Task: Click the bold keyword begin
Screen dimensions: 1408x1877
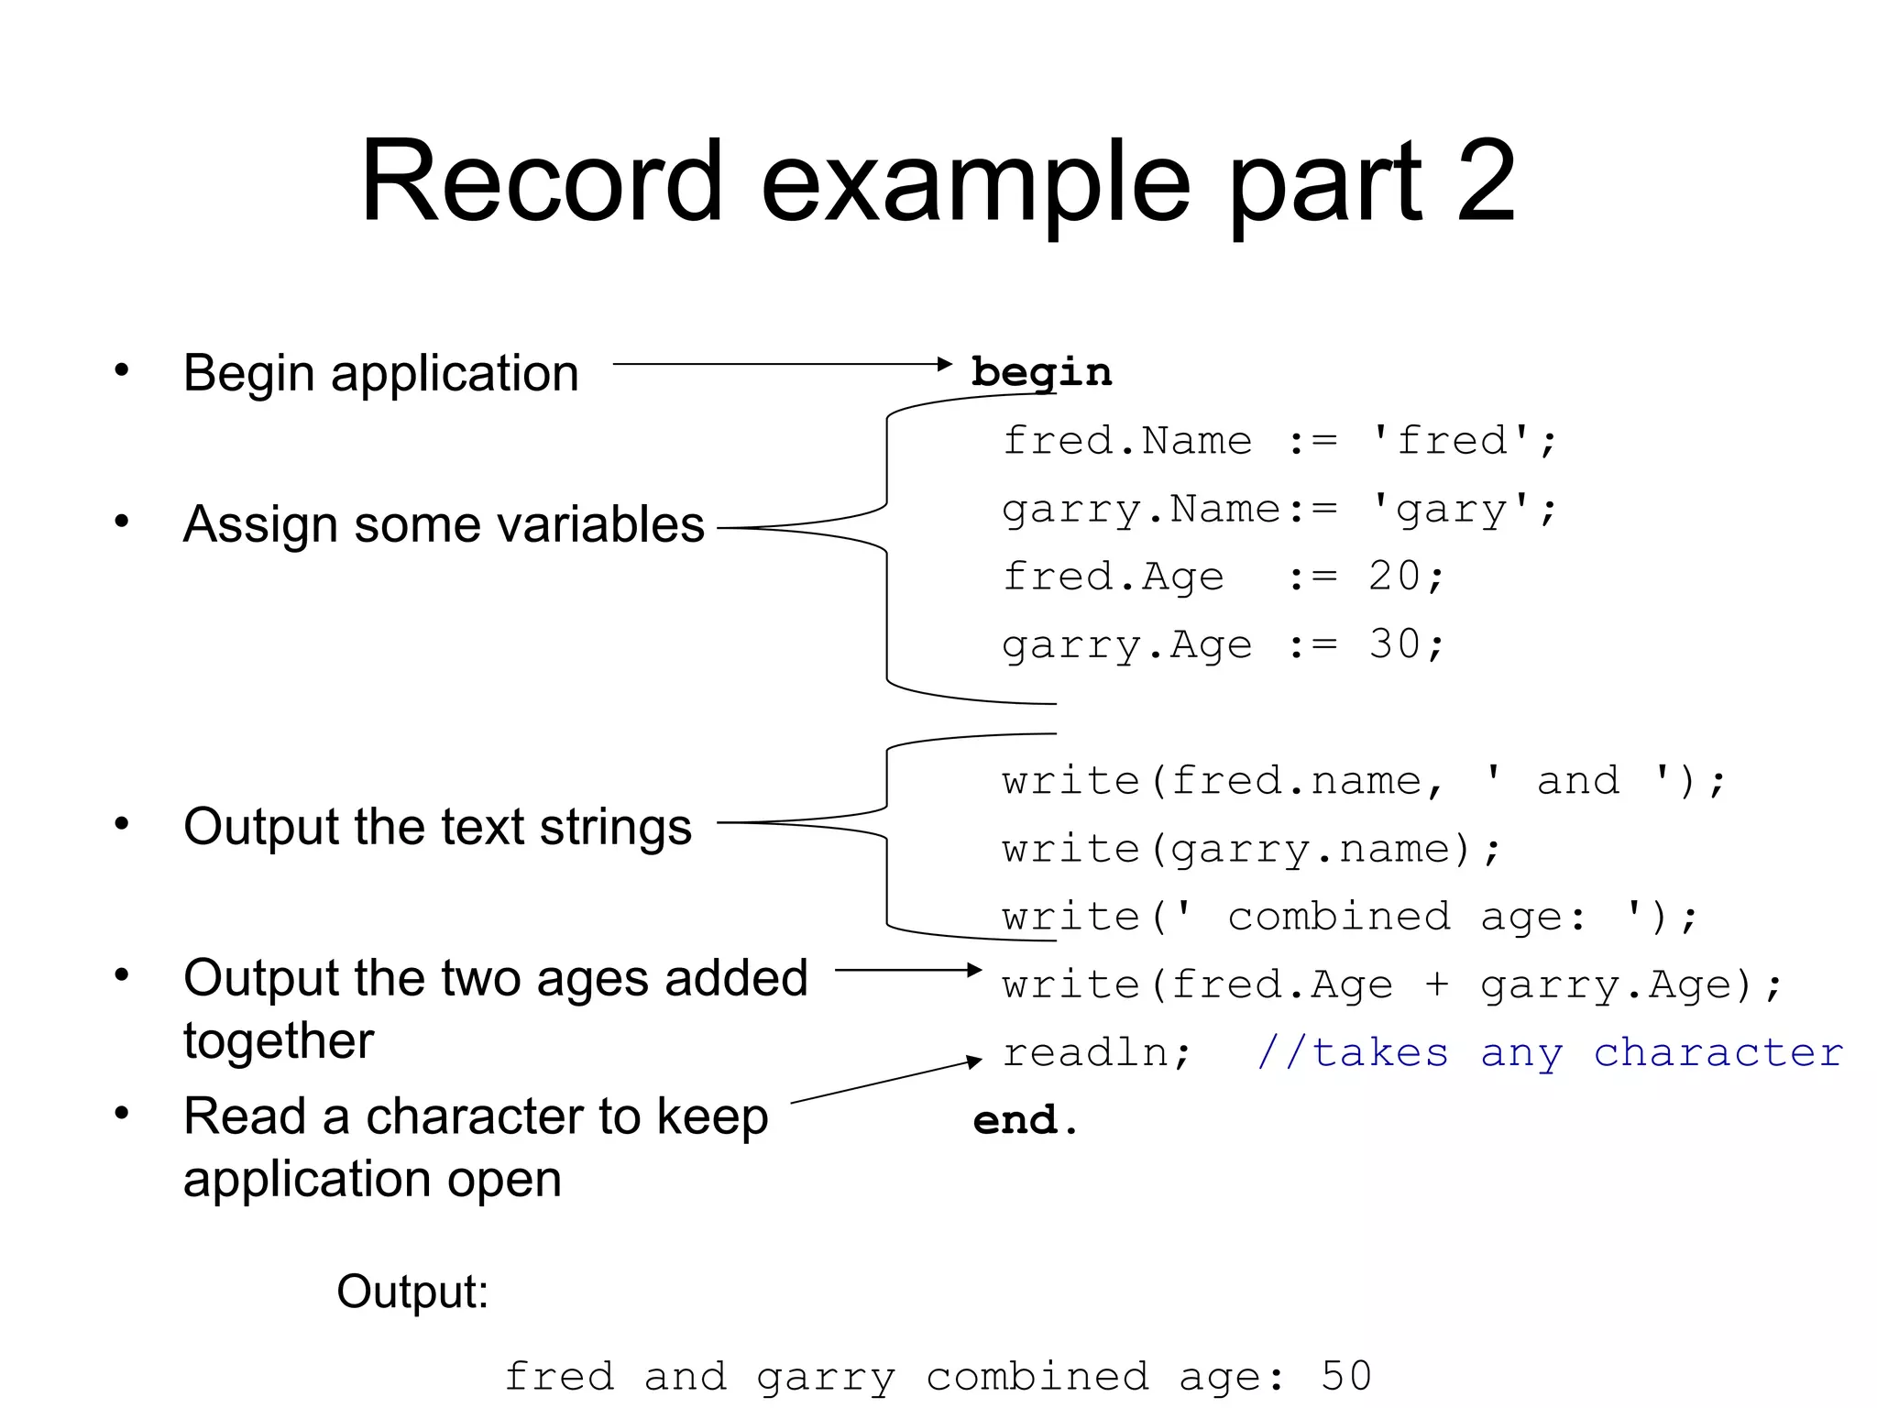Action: [x=1041, y=373]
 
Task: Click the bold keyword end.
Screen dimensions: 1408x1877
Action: [x=1025, y=1120]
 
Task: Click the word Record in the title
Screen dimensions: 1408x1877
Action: [x=542, y=181]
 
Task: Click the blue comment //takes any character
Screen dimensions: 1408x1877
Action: [x=1549, y=1052]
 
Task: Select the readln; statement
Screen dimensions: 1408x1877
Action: [x=1096, y=1052]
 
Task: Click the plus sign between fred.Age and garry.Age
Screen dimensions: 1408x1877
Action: [x=1436, y=985]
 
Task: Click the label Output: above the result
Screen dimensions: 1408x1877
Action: [x=412, y=1292]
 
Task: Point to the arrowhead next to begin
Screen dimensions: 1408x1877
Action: [x=946, y=364]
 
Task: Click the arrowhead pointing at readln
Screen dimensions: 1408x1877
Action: [x=974, y=1062]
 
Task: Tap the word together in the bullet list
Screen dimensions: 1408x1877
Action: [x=279, y=1040]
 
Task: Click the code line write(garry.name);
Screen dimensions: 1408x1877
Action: [x=1251, y=850]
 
